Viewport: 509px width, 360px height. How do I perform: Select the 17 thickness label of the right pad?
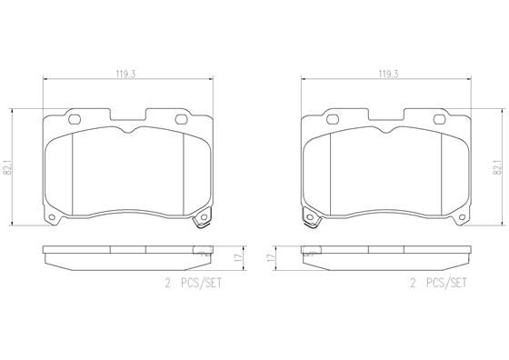[269, 259]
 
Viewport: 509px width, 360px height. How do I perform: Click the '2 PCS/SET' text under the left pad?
[194, 284]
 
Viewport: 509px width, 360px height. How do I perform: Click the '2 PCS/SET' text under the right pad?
[439, 284]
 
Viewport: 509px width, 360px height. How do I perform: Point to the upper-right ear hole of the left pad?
[182, 117]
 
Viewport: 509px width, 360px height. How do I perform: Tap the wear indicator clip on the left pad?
[202, 221]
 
